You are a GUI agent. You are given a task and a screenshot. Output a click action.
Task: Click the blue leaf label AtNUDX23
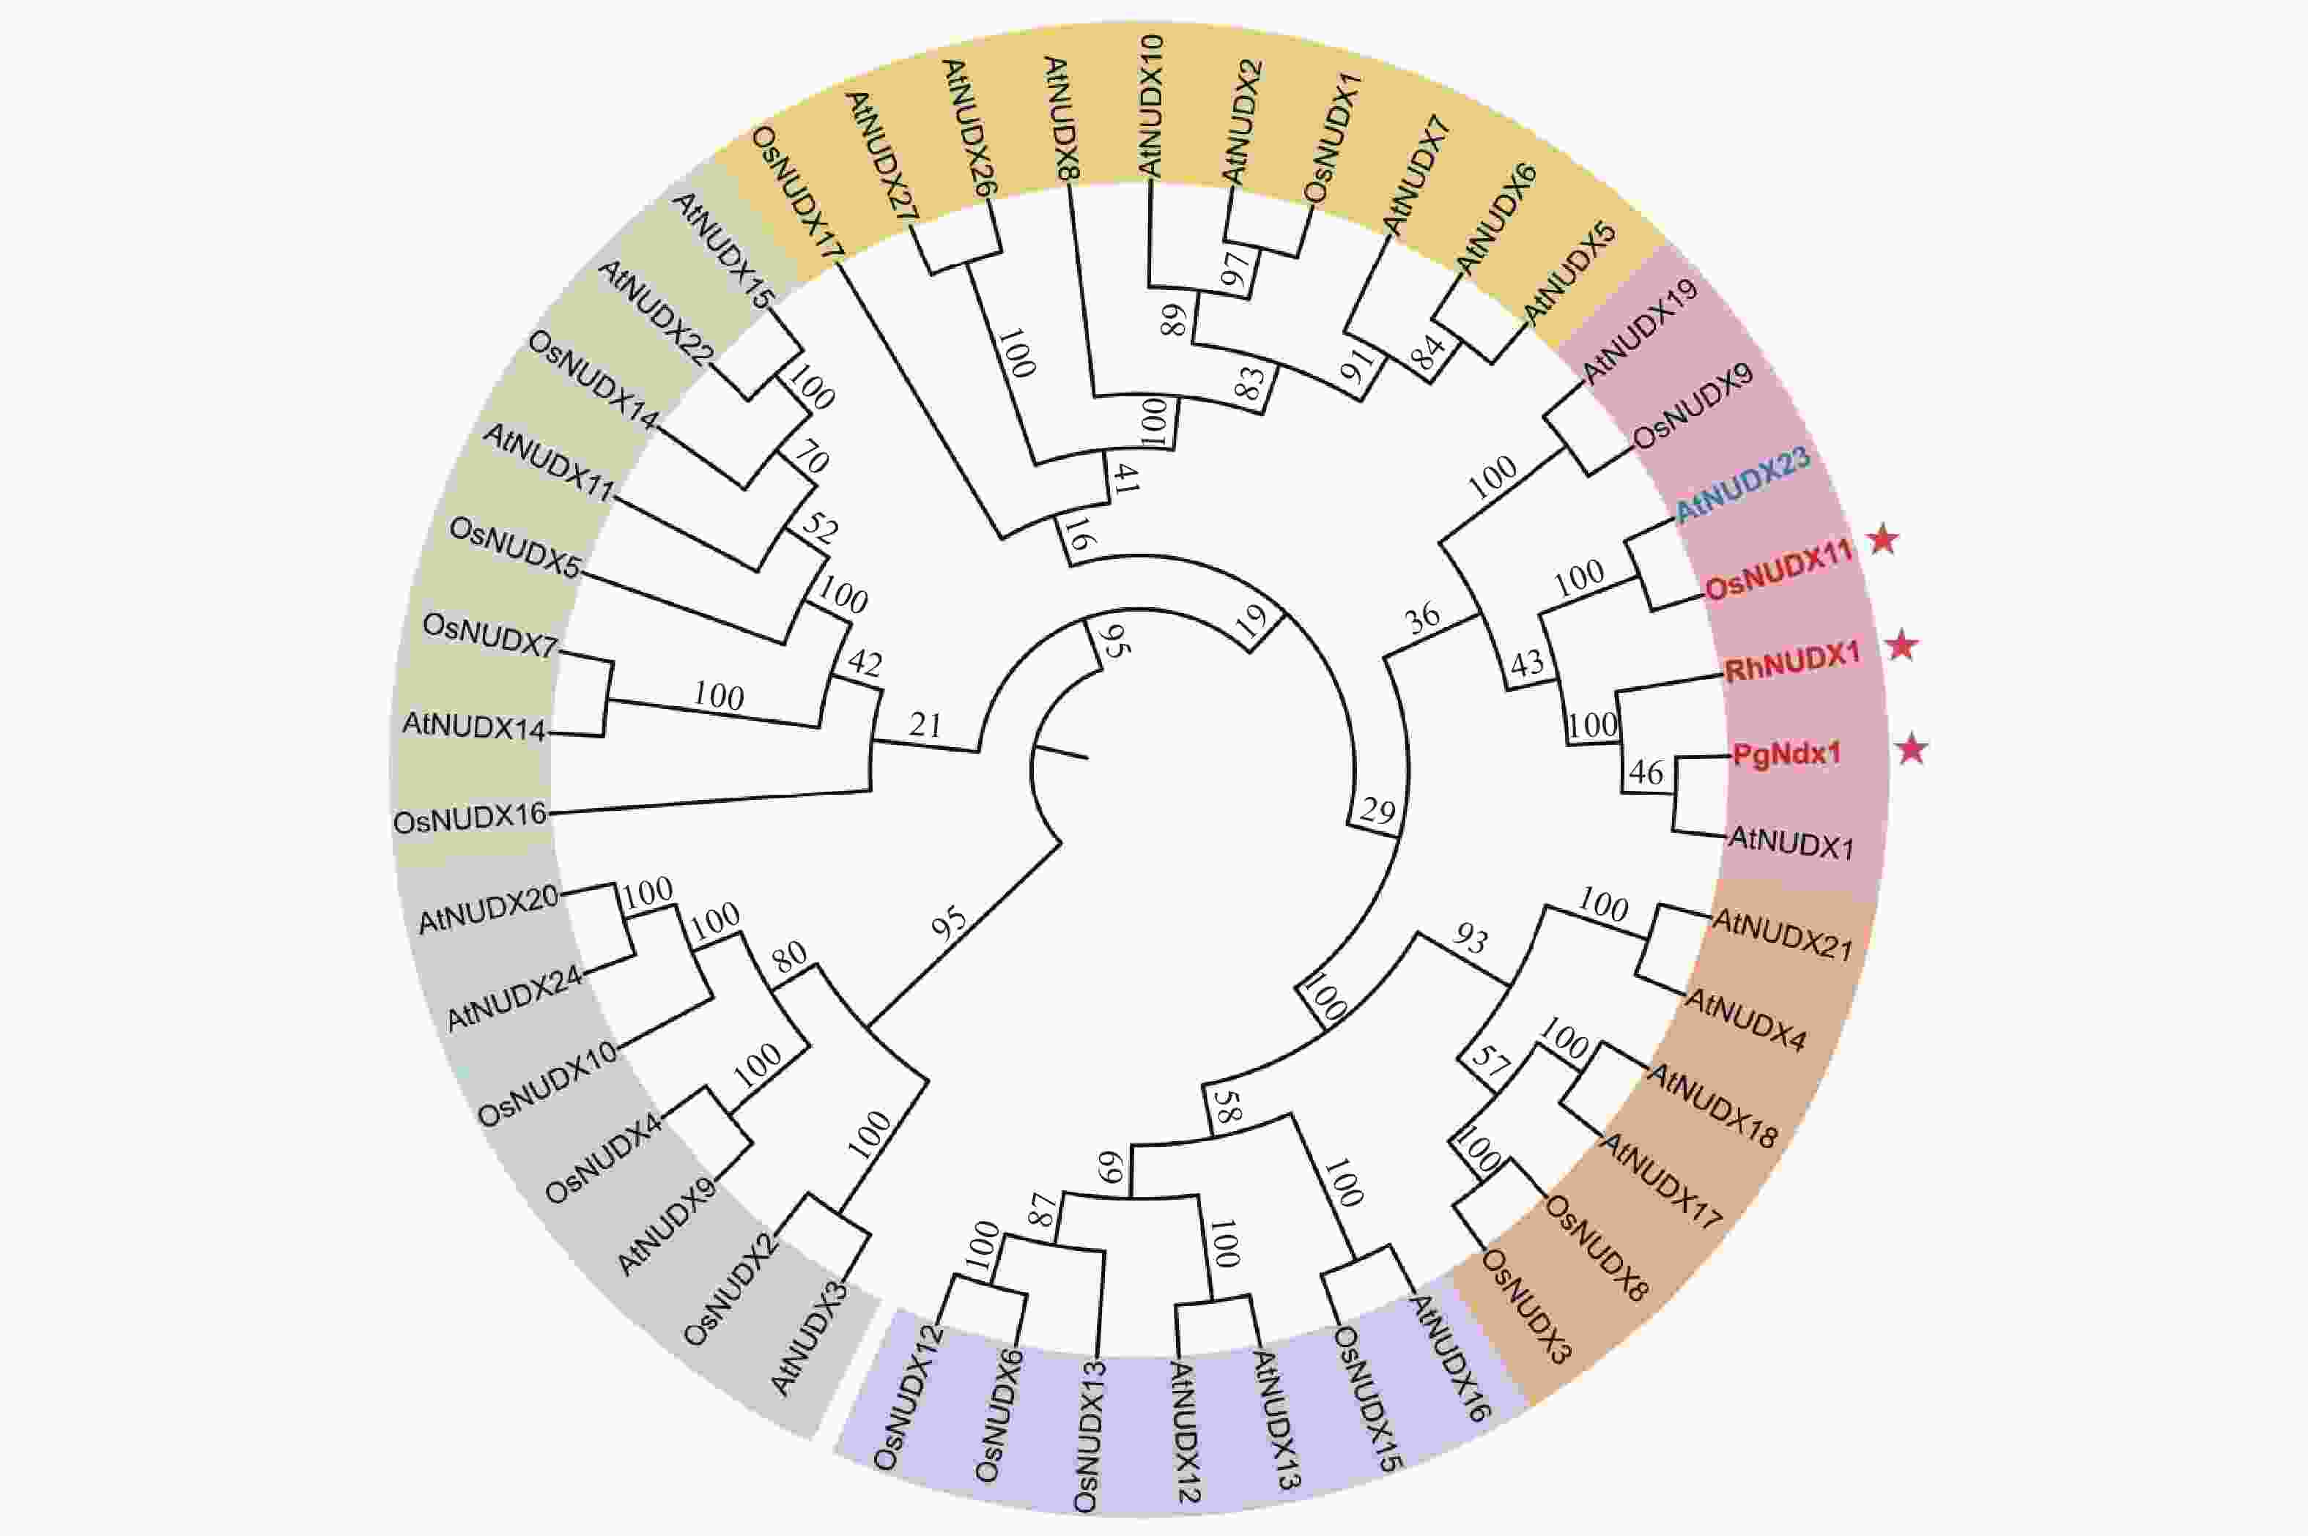(1742, 485)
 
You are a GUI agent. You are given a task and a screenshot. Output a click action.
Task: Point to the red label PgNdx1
(1786, 754)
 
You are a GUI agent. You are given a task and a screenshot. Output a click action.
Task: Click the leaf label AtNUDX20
(488, 908)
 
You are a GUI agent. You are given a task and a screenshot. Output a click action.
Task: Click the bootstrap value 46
(1646, 772)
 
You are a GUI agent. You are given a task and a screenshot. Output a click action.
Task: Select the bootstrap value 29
(1377, 812)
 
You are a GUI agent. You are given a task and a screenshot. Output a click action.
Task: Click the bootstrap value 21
(925, 725)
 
